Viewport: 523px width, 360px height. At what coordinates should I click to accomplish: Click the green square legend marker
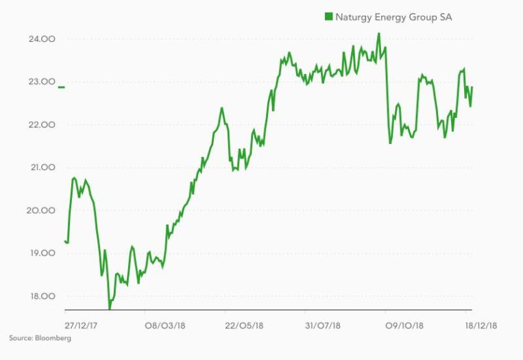coord(328,16)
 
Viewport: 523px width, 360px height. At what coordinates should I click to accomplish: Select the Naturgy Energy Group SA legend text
coord(393,16)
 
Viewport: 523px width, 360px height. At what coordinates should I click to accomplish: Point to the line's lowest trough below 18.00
coord(109,309)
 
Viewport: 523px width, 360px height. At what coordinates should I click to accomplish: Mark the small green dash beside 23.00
coord(62,87)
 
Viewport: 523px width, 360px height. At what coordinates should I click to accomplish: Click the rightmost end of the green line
coord(472,87)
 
